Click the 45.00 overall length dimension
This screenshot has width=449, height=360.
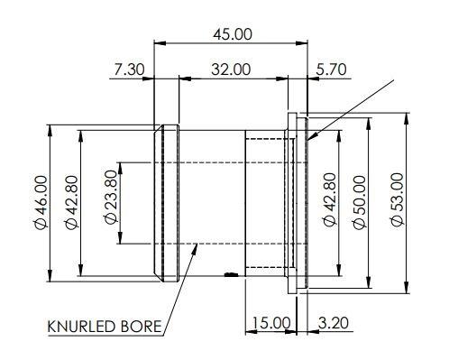tap(232, 34)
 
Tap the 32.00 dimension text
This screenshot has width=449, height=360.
tap(230, 69)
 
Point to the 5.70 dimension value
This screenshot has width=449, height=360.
tap(332, 69)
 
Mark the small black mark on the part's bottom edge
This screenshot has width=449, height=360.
tap(232, 274)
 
